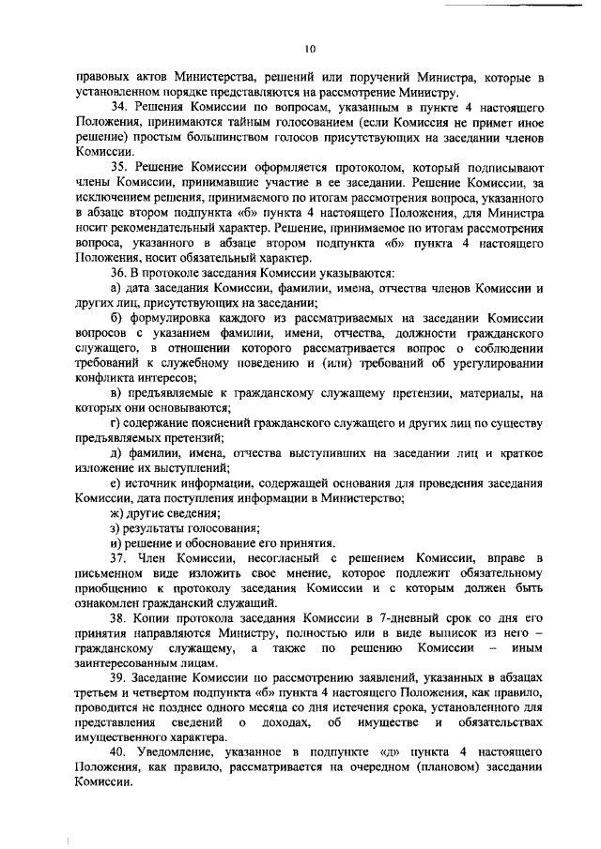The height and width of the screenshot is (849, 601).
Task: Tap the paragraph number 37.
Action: pos(119,558)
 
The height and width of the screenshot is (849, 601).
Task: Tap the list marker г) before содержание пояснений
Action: pos(116,423)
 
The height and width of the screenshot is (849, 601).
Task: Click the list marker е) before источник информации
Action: pos(116,483)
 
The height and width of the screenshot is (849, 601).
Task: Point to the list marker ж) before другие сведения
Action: pos(117,513)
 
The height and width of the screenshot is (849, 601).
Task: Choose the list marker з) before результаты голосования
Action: pos(116,528)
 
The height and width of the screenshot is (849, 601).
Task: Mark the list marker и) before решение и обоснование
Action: pos(116,543)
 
